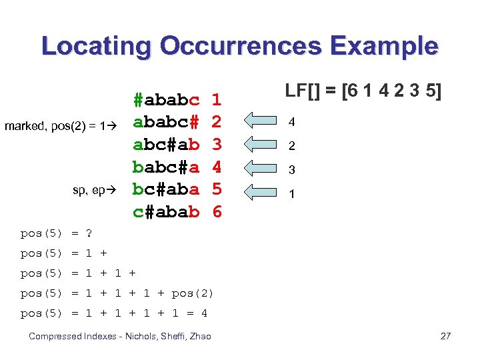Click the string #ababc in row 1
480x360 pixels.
(x=166, y=101)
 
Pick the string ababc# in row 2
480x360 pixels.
(x=166, y=123)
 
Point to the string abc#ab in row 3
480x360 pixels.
(x=166, y=145)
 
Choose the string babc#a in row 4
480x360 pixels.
(x=166, y=167)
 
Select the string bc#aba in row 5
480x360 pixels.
(x=166, y=189)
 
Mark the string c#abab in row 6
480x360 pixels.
(x=166, y=212)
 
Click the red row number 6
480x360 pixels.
(x=217, y=212)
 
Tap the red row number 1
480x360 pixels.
(x=217, y=101)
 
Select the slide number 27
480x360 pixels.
(x=445, y=336)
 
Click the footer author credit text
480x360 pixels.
(x=120, y=336)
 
